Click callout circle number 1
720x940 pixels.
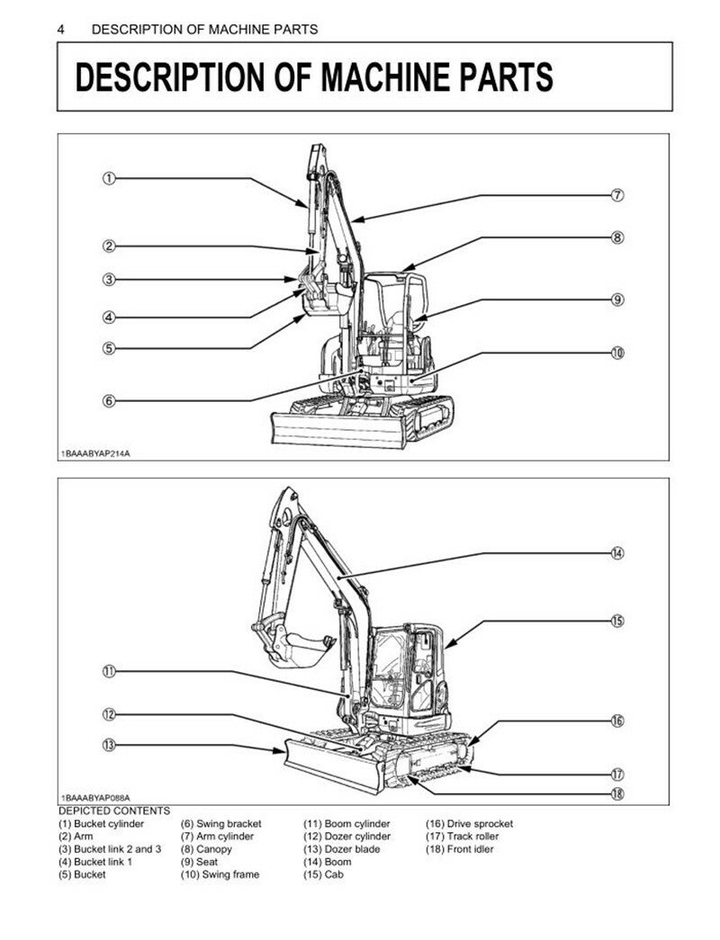point(109,178)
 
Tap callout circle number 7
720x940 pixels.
point(617,195)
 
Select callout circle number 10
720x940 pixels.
point(617,353)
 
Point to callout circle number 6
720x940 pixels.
point(109,400)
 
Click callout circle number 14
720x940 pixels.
point(617,552)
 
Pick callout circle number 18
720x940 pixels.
point(617,793)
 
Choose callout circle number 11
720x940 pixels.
point(109,671)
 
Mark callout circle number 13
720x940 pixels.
point(109,745)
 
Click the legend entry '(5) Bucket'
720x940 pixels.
point(82,874)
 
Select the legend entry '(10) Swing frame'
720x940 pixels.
point(220,874)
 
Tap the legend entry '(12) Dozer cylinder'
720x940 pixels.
point(346,837)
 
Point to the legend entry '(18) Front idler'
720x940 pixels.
point(460,849)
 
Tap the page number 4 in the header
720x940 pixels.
point(60,30)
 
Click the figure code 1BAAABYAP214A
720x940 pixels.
point(94,453)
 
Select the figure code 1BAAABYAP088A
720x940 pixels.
point(94,798)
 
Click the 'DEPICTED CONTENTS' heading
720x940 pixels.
point(114,811)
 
